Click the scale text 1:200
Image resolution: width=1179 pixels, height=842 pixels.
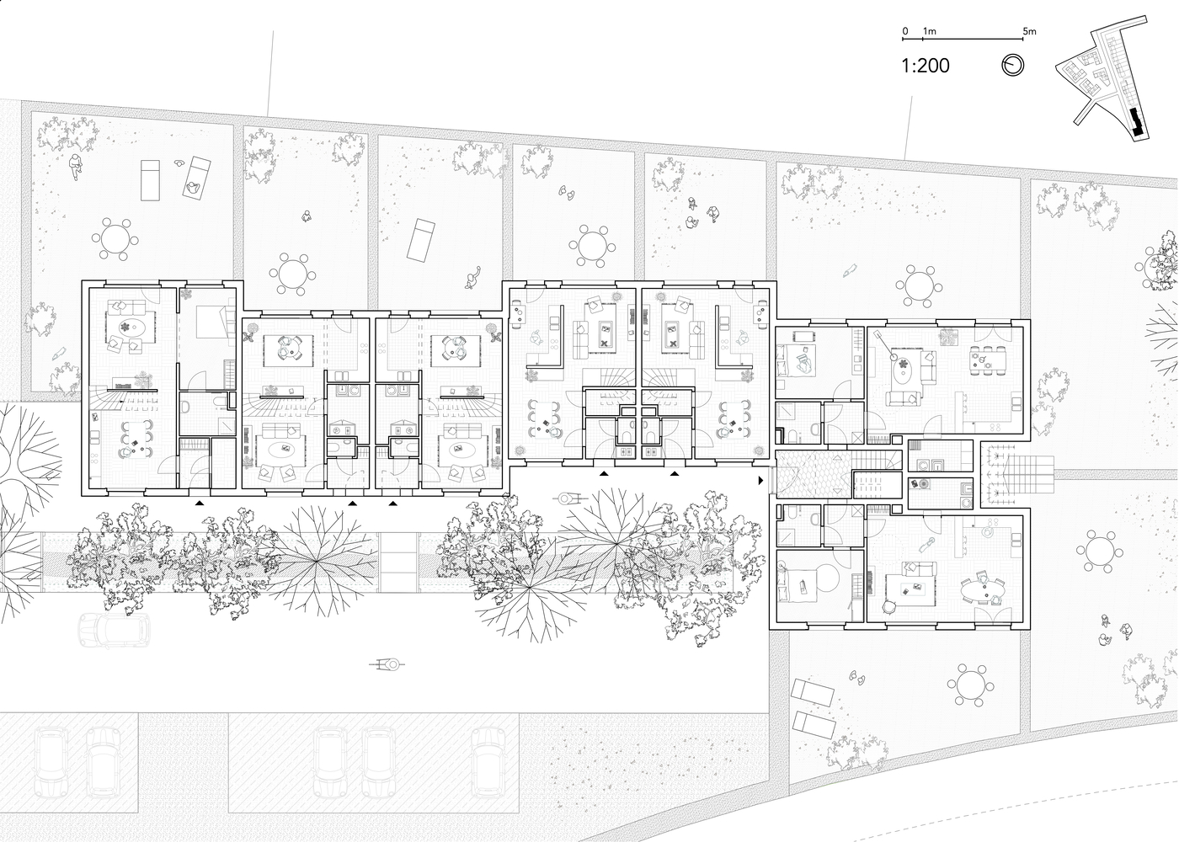pyautogui.click(x=926, y=66)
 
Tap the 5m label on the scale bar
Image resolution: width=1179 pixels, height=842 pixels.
pyautogui.click(x=1029, y=32)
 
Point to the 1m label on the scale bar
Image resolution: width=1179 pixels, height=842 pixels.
pyautogui.click(x=930, y=32)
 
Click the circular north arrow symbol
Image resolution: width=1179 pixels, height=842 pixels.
pyautogui.click(x=1012, y=66)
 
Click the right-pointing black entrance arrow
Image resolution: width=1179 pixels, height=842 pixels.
pyautogui.click(x=760, y=481)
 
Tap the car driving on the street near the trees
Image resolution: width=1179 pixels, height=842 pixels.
pyautogui.click(x=114, y=630)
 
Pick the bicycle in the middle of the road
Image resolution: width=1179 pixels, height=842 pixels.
pyautogui.click(x=387, y=665)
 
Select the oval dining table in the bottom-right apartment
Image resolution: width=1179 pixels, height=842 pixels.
pyautogui.click(x=982, y=591)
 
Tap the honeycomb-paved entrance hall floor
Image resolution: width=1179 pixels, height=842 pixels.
pyautogui.click(x=814, y=475)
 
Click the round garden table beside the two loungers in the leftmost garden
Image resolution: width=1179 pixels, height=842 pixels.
pyautogui.click(x=115, y=239)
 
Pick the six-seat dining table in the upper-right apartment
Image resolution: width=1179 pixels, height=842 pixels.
pyautogui.click(x=988, y=360)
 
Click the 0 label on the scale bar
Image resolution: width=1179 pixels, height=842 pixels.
pyautogui.click(x=904, y=32)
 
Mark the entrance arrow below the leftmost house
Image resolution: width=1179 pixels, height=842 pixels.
pyautogui.click(x=199, y=504)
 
